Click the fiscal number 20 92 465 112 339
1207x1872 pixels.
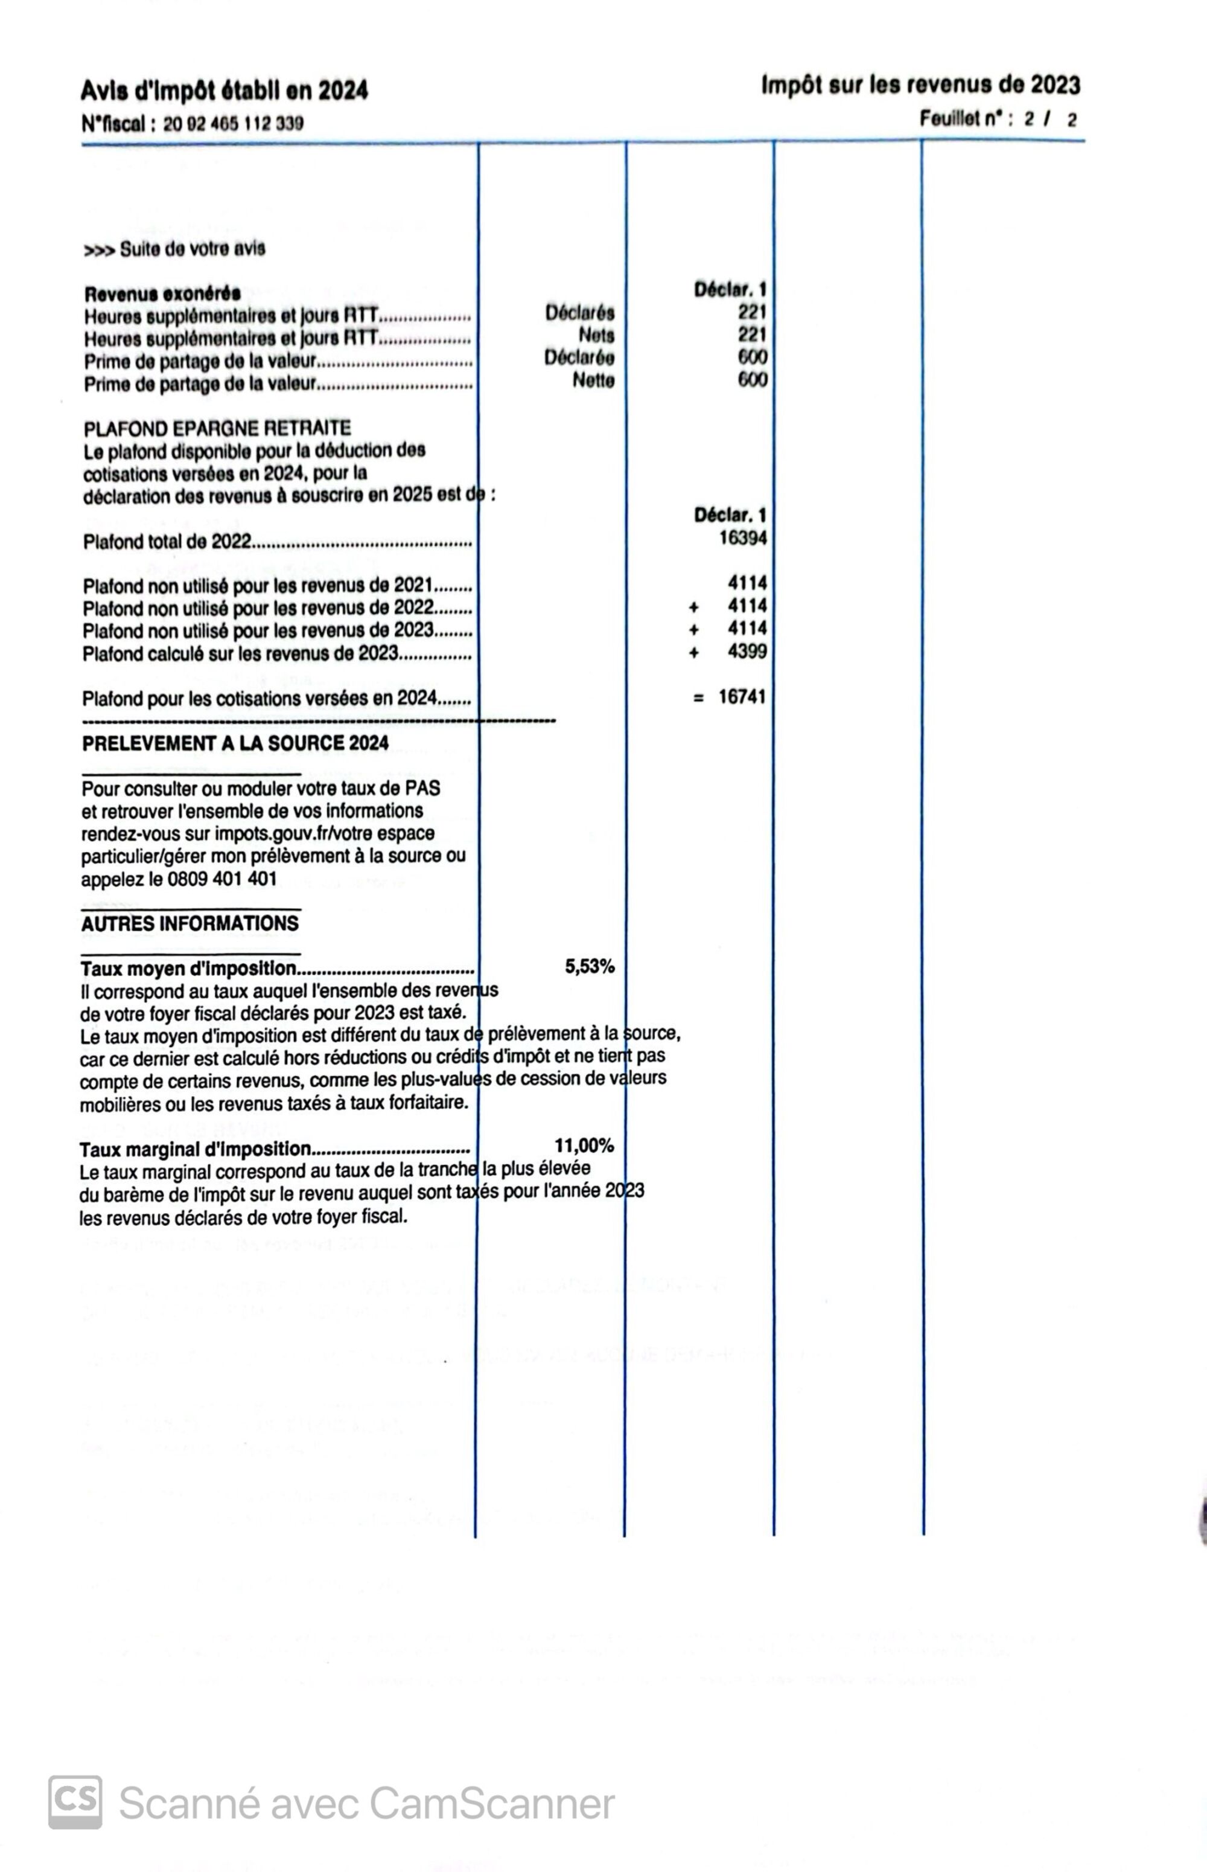pyautogui.click(x=233, y=124)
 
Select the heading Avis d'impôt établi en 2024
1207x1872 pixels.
pyautogui.click(x=224, y=91)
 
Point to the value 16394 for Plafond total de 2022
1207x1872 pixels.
pyautogui.click(x=742, y=539)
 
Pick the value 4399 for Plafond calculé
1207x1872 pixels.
pyautogui.click(x=747, y=652)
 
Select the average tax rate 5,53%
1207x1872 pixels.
pyautogui.click(x=590, y=967)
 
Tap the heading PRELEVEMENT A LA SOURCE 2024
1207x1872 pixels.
pyautogui.click(x=235, y=743)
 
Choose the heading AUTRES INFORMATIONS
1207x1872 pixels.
pyautogui.click(x=189, y=924)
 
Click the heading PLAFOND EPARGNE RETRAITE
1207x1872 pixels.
pyautogui.click(x=217, y=428)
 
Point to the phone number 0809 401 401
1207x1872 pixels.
pyautogui.click(x=222, y=879)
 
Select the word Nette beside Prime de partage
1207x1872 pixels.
pyautogui.click(x=593, y=381)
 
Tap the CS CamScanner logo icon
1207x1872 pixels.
pyautogui.click(x=75, y=1802)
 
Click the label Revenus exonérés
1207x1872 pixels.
pyautogui.click(x=162, y=295)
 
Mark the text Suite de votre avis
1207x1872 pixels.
pyautogui.click(x=192, y=249)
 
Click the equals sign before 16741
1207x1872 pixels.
pyautogui.click(x=698, y=698)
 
